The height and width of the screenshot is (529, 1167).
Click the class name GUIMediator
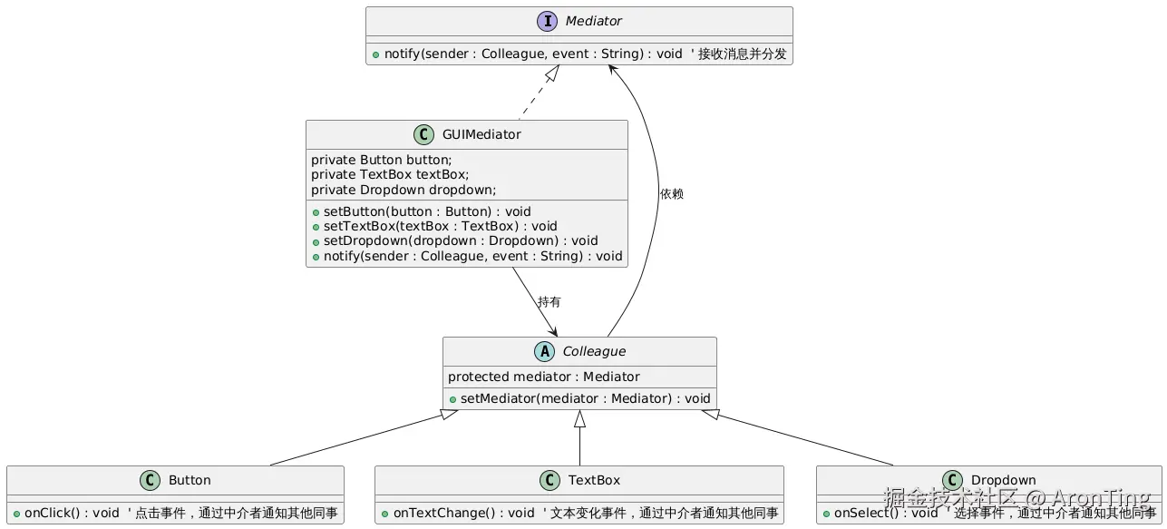click(481, 134)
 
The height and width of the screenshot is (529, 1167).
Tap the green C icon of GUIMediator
click(423, 134)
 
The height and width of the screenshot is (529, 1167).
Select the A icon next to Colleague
click(545, 351)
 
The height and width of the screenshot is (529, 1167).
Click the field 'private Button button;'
click(381, 160)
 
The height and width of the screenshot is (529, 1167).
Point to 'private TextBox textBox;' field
click(390, 175)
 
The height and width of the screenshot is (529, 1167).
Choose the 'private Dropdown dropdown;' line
click(404, 190)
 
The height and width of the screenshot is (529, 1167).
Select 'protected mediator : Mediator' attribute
click(544, 377)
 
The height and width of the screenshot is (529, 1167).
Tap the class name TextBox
click(594, 480)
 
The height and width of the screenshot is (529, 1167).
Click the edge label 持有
click(549, 301)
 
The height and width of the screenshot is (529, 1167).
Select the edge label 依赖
click(672, 194)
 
